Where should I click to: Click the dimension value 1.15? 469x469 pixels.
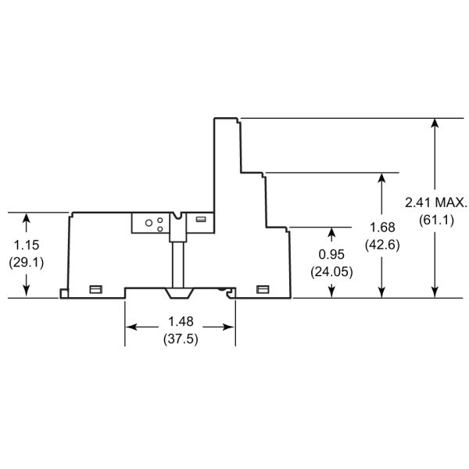tap(26, 245)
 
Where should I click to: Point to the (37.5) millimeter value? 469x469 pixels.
tap(180, 340)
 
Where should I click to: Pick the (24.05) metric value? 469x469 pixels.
tap(331, 272)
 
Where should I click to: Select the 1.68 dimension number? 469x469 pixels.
tap(381, 227)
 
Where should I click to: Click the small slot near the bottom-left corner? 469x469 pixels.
tap(97, 289)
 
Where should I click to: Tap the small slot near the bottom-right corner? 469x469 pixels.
tap(263, 289)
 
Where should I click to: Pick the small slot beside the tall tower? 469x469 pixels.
tap(202, 220)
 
